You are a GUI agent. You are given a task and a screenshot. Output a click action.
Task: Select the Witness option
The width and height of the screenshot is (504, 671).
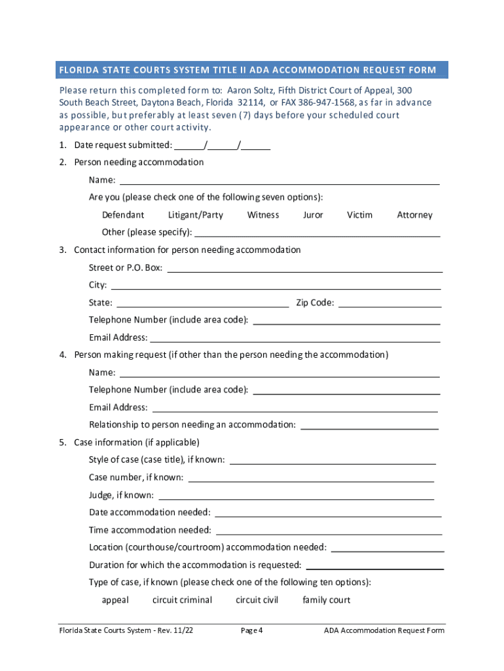click(x=263, y=215)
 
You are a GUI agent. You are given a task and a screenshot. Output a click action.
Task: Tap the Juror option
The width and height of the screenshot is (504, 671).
click(x=313, y=215)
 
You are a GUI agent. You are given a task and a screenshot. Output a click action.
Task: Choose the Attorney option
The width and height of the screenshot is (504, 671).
click(x=414, y=215)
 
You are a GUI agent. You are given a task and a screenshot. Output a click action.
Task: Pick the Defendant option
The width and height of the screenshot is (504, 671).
click(x=123, y=215)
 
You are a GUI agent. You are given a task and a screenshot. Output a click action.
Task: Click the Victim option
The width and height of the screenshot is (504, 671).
click(x=359, y=215)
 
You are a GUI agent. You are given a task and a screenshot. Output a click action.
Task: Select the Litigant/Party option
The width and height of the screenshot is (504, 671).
click(x=196, y=215)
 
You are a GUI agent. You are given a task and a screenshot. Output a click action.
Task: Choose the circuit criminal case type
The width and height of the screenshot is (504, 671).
click(x=182, y=600)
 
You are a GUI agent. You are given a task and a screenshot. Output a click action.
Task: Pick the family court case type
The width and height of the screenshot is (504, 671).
click(x=326, y=600)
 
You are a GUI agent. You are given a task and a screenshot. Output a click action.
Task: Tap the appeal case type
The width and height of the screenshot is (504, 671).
click(x=115, y=600)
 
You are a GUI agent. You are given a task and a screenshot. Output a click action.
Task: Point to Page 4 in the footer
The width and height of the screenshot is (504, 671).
click(x=252, y=631)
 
